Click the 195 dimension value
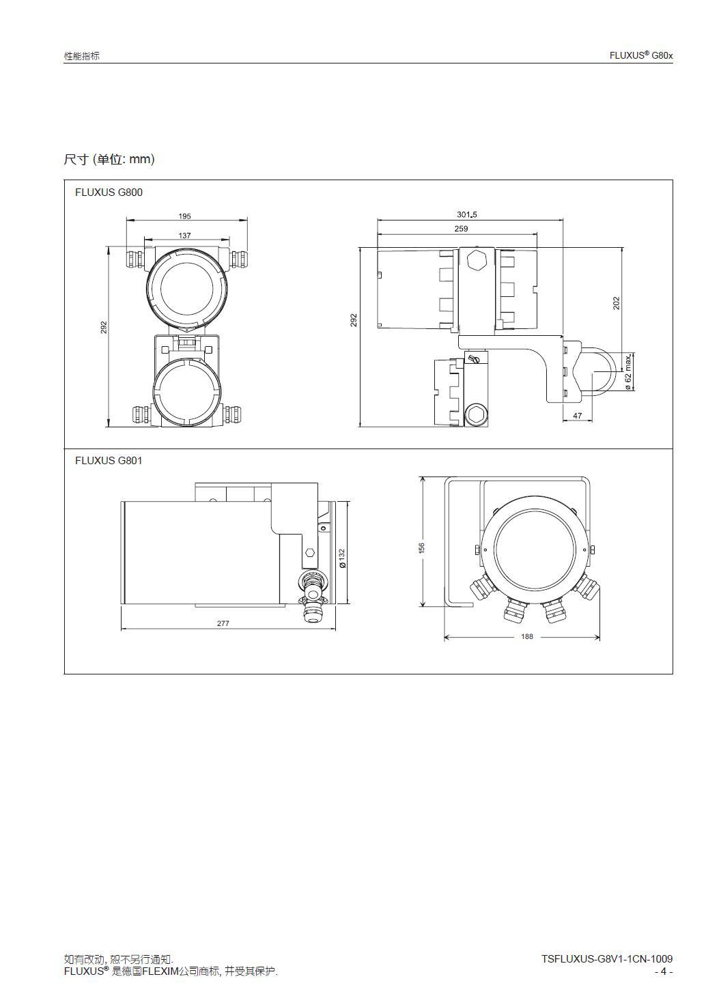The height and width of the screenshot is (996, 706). coord(184,216)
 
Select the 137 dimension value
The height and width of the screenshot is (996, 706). coord(184,236)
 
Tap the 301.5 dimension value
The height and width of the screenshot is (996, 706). coord(466,214)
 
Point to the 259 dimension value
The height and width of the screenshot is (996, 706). coord(462,229)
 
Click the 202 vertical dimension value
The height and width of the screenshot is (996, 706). coord(616,303)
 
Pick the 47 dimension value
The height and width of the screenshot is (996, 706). coord(578,416)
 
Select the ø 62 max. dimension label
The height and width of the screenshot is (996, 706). coord(628,372)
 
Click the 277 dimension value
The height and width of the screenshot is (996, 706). coord(223,623)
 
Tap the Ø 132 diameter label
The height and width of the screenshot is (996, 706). coord(342,558)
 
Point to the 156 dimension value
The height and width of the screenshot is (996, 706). coord(422,547)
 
